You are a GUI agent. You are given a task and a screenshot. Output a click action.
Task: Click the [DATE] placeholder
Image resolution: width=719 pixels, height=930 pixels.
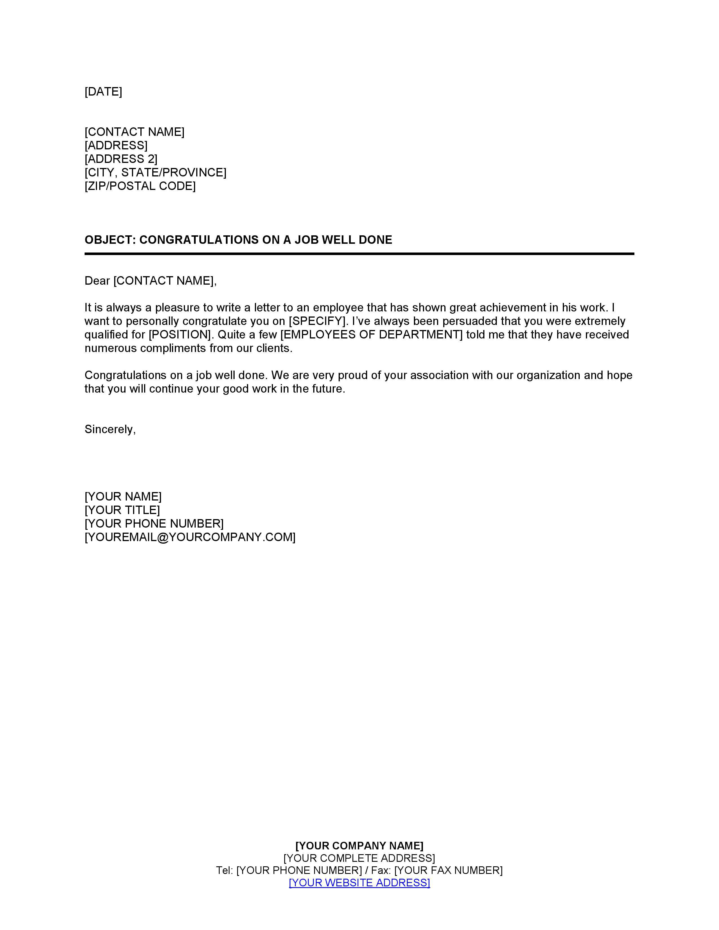tap(103, 92)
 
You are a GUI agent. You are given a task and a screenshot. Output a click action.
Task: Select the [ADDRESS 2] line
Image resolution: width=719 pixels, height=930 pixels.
tap(121, 159)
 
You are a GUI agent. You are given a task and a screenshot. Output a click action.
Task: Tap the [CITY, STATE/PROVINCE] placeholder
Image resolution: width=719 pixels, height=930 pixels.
tap(155, 172)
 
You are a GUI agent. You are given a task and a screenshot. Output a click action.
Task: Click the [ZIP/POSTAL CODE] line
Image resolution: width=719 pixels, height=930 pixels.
tap(140, 186)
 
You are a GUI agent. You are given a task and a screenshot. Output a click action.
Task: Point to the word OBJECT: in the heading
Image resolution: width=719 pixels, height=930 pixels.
tap(110, 240)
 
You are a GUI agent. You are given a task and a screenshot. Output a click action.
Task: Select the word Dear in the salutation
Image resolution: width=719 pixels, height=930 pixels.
tap(97, 281)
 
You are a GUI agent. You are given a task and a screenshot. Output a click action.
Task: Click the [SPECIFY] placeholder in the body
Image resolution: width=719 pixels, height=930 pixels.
tap(316, 321)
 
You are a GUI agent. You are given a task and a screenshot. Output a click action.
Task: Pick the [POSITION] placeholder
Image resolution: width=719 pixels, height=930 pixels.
tap(180, 335)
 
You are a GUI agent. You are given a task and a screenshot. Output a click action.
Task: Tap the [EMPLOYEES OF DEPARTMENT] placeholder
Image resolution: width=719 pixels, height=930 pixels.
tap(371, 335)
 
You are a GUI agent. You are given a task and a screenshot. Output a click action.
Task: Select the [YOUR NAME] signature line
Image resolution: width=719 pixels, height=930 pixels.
tap(123, 497)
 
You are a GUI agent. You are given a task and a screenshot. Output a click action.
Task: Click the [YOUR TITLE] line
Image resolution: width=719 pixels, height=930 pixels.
tap(122, 510)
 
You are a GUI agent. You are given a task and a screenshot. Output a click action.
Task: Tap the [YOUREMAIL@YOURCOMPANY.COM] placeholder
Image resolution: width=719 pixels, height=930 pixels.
tap(190, 537)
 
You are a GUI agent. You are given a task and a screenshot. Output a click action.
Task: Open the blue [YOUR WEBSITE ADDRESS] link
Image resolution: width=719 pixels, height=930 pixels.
tap(359, 883)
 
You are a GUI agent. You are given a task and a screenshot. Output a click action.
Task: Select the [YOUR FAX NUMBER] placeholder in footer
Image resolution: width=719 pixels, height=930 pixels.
tap(448, 870)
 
